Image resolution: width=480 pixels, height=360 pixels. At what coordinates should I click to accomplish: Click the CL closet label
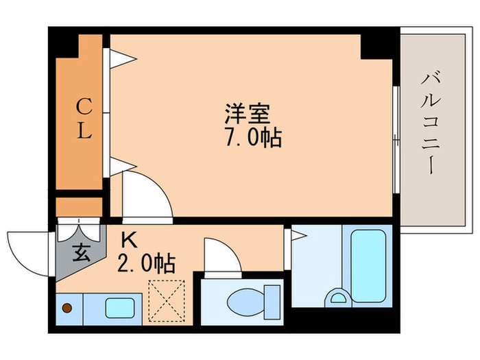point(83,118)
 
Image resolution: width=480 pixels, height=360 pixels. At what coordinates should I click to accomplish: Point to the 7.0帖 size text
point(252,138)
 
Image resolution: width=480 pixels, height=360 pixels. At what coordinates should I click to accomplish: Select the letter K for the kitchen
point(128,240)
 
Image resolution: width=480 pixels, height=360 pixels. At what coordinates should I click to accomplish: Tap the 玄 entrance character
point(81,253)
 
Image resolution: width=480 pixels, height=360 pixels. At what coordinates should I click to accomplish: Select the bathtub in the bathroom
point(369,263)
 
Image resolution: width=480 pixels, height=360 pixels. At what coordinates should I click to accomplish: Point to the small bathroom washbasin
point(337,297)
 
